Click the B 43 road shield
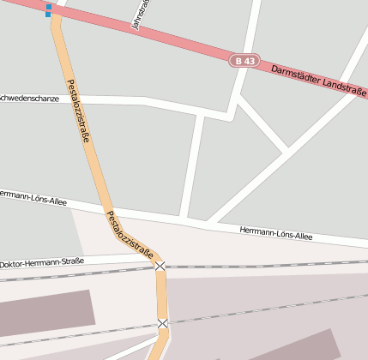[244, 61]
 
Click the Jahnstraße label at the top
[139, 15]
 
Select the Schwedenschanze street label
[29, 99]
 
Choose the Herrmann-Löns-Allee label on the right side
[276, 232]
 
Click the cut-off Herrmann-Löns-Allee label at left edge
[24, 195]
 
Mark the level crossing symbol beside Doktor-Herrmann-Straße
[160, 267]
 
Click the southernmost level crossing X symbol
[163, 323]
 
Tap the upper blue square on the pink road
[49, 8]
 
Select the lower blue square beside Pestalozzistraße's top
[49, 15]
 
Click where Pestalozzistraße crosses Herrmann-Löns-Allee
[107, 210]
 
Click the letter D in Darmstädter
[274, 68]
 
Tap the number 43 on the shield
[249, 61]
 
